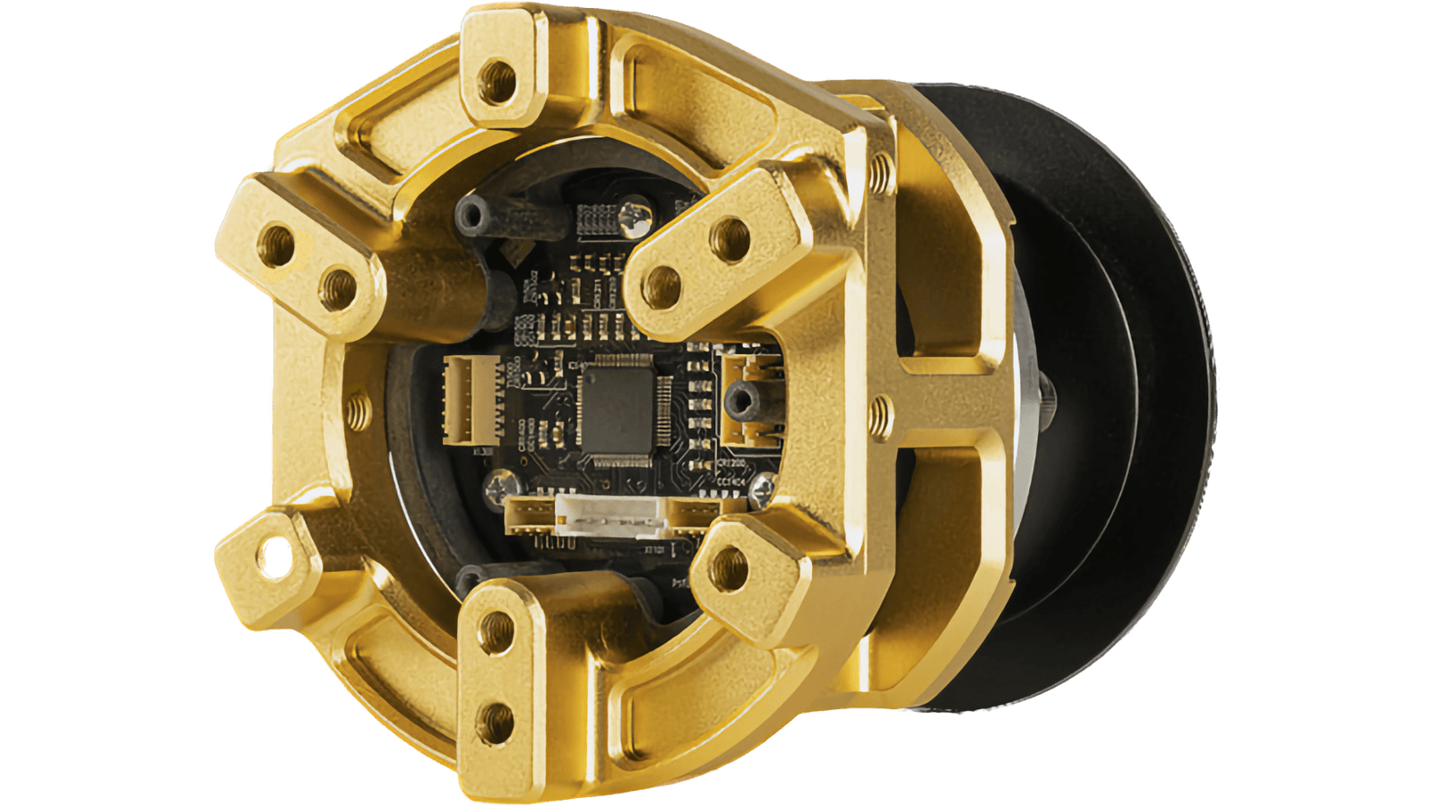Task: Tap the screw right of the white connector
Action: (763, 487)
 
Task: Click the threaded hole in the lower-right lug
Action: (730, 566)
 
